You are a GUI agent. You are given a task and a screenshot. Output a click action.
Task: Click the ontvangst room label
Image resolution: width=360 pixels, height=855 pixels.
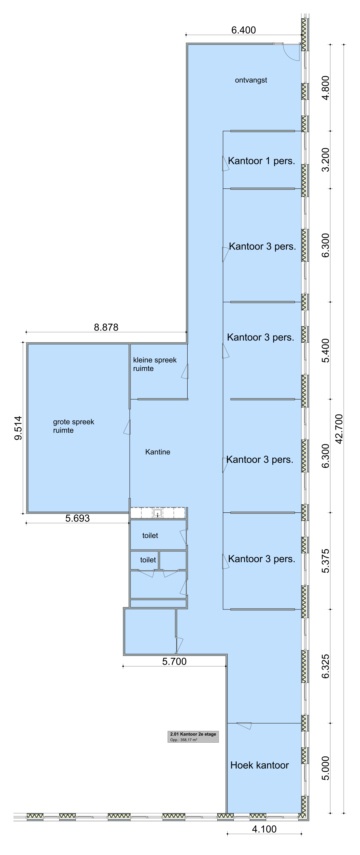251,80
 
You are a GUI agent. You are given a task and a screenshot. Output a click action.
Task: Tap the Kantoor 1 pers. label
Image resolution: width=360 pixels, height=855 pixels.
261,161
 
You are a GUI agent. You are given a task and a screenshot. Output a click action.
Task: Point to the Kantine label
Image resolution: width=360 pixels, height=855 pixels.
158,452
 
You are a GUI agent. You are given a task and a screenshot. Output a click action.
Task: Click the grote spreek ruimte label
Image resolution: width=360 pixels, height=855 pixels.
74,426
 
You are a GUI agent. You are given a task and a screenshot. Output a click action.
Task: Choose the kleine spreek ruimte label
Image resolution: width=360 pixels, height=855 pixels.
155,364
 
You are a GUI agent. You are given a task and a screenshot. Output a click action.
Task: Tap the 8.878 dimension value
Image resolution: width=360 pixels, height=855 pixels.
106,327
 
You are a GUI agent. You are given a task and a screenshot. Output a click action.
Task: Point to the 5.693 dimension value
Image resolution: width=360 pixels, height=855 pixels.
77,518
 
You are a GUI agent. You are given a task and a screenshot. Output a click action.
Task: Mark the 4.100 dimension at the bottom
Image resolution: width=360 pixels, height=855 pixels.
264,829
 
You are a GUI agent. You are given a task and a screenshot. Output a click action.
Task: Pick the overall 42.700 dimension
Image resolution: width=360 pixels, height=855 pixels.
339,429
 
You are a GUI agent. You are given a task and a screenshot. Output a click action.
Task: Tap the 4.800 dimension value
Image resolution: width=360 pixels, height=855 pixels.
326,88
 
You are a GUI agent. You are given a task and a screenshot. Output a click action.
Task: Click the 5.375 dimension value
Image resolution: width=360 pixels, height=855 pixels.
326,561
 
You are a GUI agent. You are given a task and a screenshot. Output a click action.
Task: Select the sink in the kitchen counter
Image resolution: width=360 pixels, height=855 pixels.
158,513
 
